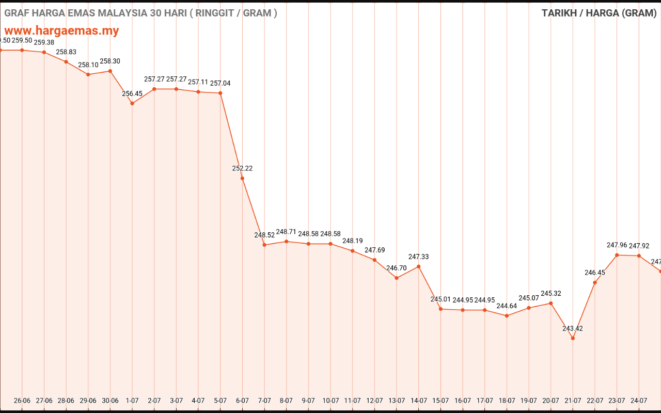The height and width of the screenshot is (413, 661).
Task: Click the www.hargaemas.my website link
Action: pyautogui.click(x=61, y=30)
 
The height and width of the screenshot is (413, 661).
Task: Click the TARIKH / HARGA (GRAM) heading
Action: pyautogui.click(x=599, y=13)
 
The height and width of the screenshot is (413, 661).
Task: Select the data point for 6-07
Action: pyautogui.click(x=242, y=178)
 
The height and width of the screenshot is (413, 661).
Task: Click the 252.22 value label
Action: pyautogui.click(x=242, y=168)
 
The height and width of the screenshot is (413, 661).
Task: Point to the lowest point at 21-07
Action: pyautogui.click(x=573, y=338)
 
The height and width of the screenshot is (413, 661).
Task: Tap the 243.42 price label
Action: pyautogui.click(x=573, y=328)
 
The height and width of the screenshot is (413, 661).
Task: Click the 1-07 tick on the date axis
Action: pyautogui.click(x=132, y=401)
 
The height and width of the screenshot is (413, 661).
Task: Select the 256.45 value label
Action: pyautogui.click(x=132, y=93)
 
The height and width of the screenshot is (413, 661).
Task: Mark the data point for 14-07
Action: pyautogui.click(x=418, y=266)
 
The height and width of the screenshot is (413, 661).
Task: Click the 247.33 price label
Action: pyautogui.click(x=418, y=257)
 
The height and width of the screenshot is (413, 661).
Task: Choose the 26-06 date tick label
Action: pyautogui.click(x=22, y=401)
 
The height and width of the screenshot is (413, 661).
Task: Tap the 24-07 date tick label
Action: pyautogui.click(x=639, y=401)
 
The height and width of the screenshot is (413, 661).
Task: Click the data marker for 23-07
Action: pyautogui.click(x=617, y=255)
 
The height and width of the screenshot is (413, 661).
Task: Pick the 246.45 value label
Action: pyautogui.click(x=595, y=273)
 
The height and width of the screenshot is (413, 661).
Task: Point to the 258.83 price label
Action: pyautogui.click(x=66, y=52)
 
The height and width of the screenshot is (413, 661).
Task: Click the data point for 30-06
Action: pyautogui.click(x=110, y=71)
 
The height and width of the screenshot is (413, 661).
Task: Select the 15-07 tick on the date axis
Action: pyautogui.click(x=440, y=401)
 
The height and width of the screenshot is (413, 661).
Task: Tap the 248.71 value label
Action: pyautogui.click(x=286, y=232)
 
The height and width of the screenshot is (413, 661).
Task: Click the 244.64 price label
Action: pyautogui.click(x=507, y=306)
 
